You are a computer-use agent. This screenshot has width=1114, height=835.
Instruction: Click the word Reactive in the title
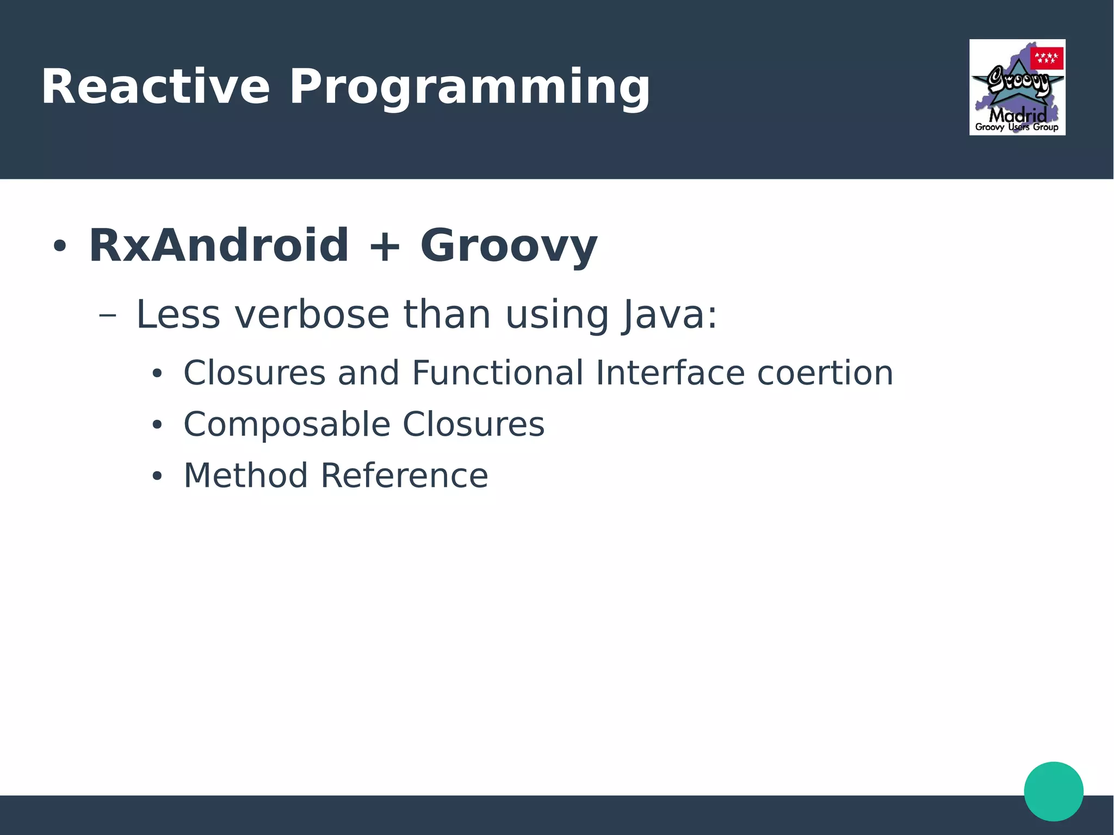pyautogui.click(x=155, y=87)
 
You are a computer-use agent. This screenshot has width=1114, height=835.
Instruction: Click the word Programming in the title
pyautogui.click(x=469, y=88)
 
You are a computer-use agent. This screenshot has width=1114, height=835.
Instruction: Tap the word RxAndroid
pyautogui.click(x=218, y=246)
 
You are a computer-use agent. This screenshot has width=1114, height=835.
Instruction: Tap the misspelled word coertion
pyautogui.click(x=825, y=373)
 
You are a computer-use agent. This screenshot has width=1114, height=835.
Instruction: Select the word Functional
pyautogui.click(x=497, y=373)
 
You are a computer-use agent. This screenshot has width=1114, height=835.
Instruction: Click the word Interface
pyautogui.click(x=670, y=373)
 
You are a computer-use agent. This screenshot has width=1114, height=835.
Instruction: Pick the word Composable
pyautogui.click(x=287, y=424)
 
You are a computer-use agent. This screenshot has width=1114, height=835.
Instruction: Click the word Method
pyautogui.click(x=245, y=475)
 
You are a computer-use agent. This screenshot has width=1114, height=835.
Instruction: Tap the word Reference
pyautogui.click(x=404, y=475)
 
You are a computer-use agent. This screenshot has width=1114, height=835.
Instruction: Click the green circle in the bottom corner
pyautogui.click(x=1053, y=791)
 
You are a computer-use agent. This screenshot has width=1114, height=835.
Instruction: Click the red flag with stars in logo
pyautogui.click(x=1046, y=58)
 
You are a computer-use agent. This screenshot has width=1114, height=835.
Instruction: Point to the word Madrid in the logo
pyautogui.click(x=1017, y=115)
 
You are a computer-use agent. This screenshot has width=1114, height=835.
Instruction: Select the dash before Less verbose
pyautogui.click(x=108, y=315)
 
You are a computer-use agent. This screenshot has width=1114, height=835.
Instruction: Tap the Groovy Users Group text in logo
pyautogui.click(x=1016, y=127)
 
